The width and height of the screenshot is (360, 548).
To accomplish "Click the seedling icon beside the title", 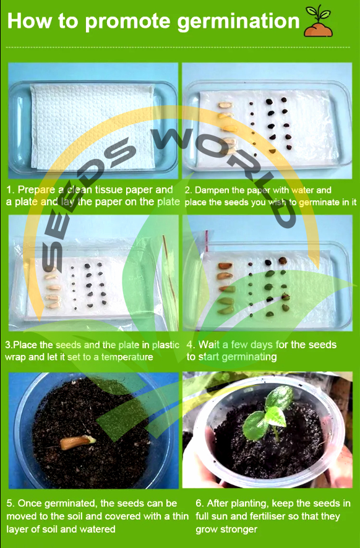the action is (x=318, y=21).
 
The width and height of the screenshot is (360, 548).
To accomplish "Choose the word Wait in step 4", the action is (x=209, y=345).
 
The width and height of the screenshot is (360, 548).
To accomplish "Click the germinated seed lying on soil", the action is (x=77, y=442).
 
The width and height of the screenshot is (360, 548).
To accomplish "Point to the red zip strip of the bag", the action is (x=207, y=241).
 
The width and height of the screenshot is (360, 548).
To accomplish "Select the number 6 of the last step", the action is (x=199, y=503).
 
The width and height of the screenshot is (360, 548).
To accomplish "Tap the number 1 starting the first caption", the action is (x=10, y=190).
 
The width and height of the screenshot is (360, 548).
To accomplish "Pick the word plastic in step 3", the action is (x=165, y=345).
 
